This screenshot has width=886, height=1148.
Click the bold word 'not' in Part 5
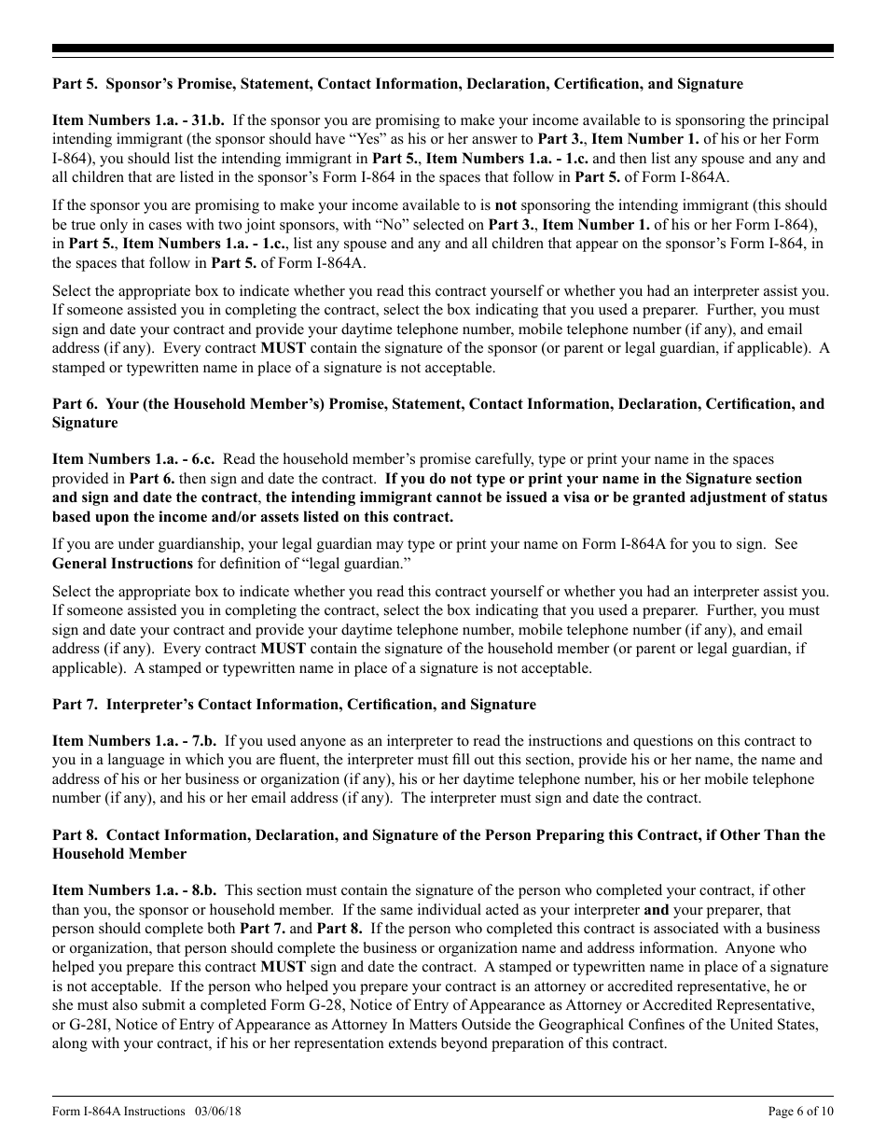pos(505,205)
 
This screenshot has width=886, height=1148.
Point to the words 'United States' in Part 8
pos(776,1024)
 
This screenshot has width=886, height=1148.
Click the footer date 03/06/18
pos(220,1112)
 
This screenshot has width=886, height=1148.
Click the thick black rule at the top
pos(443,49)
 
